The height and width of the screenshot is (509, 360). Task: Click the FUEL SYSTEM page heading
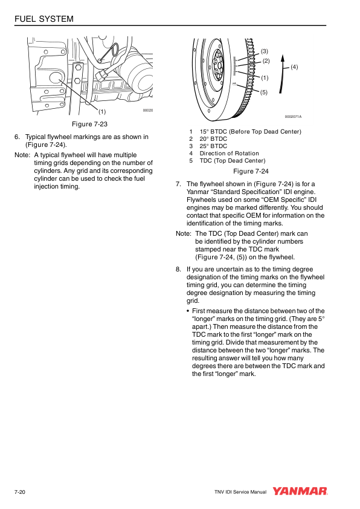coord(43,19)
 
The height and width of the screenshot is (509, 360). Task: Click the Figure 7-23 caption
coord(89,124)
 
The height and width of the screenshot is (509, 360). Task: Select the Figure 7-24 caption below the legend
coord(251,171)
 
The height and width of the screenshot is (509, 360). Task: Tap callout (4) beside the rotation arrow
coord(294,67)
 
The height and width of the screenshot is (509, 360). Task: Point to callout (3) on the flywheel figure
coord(265,51)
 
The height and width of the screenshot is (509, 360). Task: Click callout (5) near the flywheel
coord(264,92)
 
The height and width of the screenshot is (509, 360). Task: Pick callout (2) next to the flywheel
coord(266,61)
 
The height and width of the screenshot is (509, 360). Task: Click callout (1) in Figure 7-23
coord(102,112)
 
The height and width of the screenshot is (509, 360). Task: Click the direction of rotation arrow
coord(281,74)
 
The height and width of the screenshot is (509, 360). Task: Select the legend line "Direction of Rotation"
coord(230,153)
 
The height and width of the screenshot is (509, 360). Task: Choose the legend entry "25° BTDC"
coord(213,146)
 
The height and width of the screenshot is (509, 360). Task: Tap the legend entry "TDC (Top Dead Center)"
coord(233,161)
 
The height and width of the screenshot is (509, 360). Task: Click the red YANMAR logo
coord(300,491)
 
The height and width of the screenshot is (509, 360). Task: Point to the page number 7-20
coord(20,492)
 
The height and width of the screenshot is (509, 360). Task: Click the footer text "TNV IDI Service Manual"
coord(240,492)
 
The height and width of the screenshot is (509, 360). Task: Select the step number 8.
coord(178,269)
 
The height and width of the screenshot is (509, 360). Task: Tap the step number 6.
coord(17,137)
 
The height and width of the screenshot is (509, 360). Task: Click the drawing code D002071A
coord(293,117)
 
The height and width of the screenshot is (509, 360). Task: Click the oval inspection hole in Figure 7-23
coord(56,79)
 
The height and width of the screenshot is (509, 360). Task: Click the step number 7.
coord(178,184)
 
